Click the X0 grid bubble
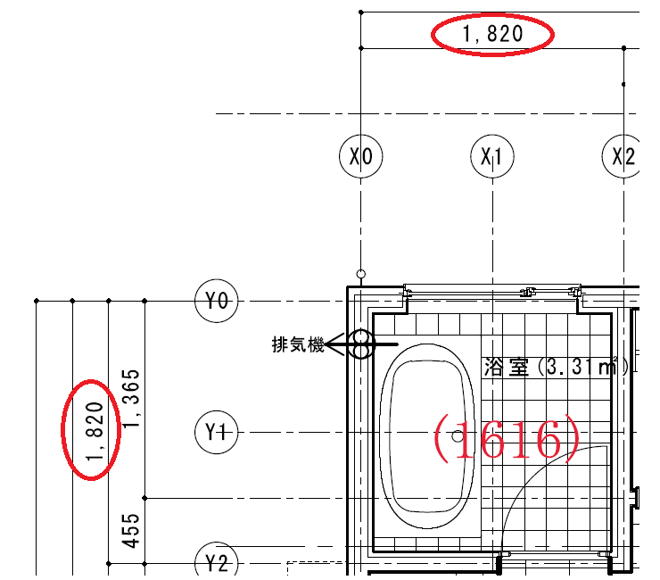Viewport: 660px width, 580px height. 360,157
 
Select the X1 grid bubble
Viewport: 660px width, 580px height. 491,157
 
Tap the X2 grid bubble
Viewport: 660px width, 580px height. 623,157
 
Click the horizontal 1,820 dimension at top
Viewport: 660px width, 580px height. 492,36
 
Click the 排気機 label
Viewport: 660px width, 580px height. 298,344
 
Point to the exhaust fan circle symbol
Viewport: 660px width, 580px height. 361,344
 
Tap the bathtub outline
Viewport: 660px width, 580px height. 428,357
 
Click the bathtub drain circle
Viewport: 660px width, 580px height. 458,436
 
